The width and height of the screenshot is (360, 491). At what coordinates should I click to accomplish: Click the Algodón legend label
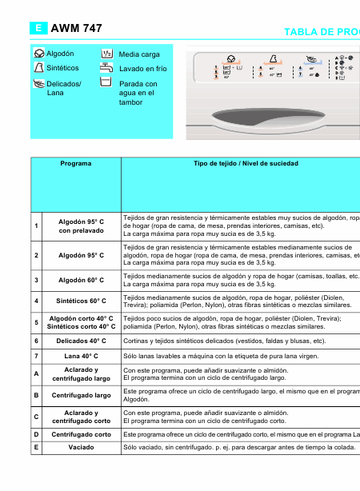pos(60,53)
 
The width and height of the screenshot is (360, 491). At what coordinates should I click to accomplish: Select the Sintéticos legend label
pos(62,68)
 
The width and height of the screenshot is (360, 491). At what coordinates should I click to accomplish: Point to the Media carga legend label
pos(139,54)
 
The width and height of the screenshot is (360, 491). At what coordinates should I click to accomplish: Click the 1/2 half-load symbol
pos(106,54)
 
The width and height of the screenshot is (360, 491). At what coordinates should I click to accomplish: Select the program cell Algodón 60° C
pos(81,280)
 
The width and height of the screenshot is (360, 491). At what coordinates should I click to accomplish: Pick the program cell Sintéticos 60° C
pos(81,301)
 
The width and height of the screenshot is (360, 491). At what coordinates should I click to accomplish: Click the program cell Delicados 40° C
pos(81,340)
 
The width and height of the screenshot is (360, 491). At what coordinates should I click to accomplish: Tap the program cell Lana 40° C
pos(81,355)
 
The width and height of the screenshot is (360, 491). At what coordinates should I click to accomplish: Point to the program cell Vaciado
pos(81,447)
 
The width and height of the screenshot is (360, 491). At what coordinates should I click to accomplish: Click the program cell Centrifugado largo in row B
pos(81,395)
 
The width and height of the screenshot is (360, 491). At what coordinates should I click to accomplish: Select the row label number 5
pos(36,322)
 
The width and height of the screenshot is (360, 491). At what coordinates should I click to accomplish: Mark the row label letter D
pos(36,433)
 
